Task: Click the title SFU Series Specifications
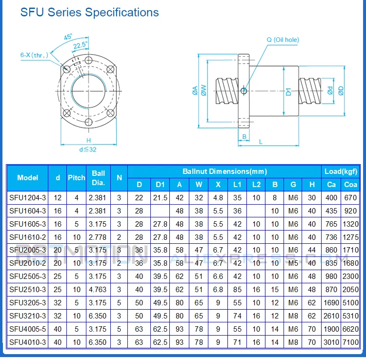(x=89, y=12)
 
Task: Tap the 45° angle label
(x=68, y=37)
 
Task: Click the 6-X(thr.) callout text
(x=35, y=55)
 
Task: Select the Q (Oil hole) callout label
(x=283, y=40)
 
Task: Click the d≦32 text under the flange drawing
(x=88, y=149)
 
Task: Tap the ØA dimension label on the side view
(x=195, y=90)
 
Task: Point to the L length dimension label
(x=261, y=142)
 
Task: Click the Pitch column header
(x=76, y=178)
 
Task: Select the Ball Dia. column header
(x=98, y=178)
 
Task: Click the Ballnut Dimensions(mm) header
(x=224, y=171)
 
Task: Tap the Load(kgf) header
(x=341, y=171)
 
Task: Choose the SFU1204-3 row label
(x=27, y=197)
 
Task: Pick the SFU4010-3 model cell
(x=27, y=341)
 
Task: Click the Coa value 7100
(x=350, y=341)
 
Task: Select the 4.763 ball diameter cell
(x=98, y=289)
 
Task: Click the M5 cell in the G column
(x=293, y=263)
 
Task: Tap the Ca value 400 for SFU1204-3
(x=331, y=197)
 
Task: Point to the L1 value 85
(x=237, y=289)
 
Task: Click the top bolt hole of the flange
(x=88, y=60)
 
